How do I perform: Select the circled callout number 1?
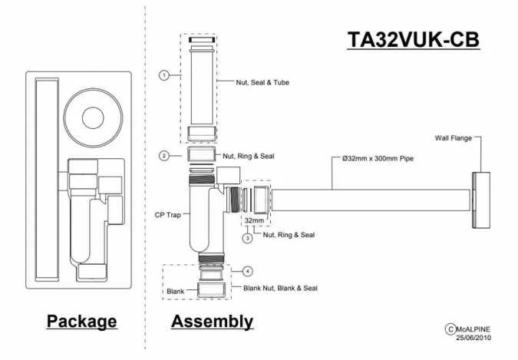pyautogui.click(x=163, y=74)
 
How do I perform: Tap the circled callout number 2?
pyautogui.click(x=163, y=156)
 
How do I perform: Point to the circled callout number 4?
pyautogui.click(x=247, y=271)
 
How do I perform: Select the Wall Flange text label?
pyautogui.click(x=453, y=138)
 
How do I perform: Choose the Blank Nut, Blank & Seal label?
pyautogui.click(x=279, y=289)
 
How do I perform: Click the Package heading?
pyautogui.click(x=82, y=321)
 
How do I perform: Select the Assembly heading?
pyautogui.click(x=212, y=321)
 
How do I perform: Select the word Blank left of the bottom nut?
pyautogui.click(x=177, y=292)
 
